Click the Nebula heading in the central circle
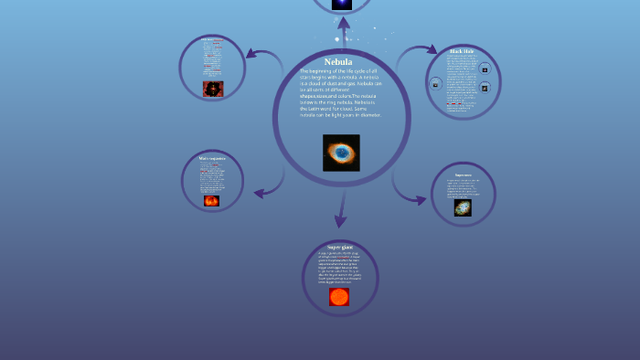tap(338, 62)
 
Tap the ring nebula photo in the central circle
tap(341, 153)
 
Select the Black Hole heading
tap(462, 51)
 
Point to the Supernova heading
tap(464, 175)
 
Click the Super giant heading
tap(340, 247)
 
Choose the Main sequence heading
tap(212, 159)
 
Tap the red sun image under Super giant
tap(339, 297)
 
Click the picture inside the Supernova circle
tap(463, 208)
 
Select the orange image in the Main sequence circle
tap(211, 200)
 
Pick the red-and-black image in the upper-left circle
tap(213, 89)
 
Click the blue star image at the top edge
tap(342, 4)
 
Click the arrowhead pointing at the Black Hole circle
tap(433, 51)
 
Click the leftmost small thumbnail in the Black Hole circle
tap(436, 84)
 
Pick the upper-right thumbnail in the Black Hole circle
tap(485, 69)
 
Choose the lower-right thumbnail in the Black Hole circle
tap(485, 88)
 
